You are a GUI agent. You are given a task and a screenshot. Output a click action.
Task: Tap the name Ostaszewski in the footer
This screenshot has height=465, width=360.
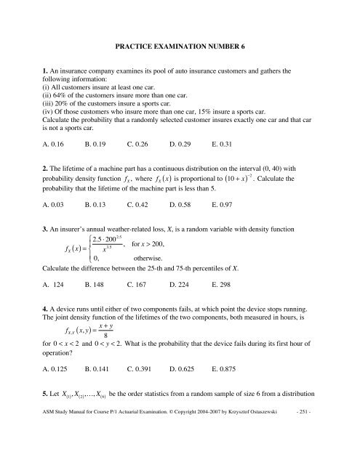pyautogui.click(x=274, y=455)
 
